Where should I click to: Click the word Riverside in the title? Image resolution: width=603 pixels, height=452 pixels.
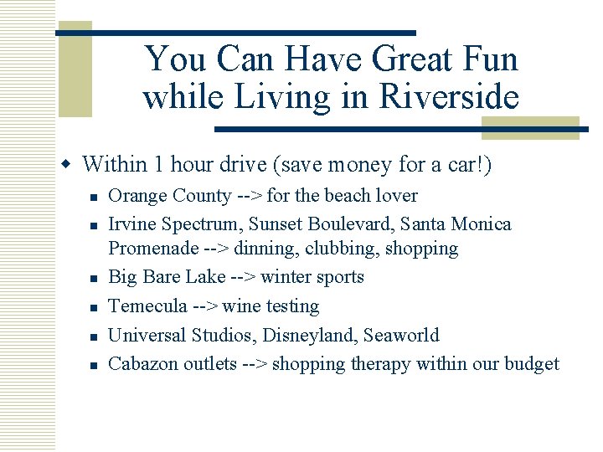pyautogui.click(x=449, y=98)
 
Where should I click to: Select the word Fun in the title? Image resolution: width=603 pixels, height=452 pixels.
pyautogui.click(x=491, y=59)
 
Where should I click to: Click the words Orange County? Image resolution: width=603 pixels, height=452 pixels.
pyautogui.click(x=170, y=196)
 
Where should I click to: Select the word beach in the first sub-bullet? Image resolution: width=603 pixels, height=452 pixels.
pyautogui.click(x=348, y=196)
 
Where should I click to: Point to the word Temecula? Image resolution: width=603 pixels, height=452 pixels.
pyautogui.click(x=148, y=306)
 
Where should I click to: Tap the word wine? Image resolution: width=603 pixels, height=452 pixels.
pyautogui.click(x=244, y=306)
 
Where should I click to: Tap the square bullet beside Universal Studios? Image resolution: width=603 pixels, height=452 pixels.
pyautogui.click(x=95, y=336)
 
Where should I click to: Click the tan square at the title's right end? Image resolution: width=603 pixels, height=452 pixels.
pyautogui.click(x=529, y=127)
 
